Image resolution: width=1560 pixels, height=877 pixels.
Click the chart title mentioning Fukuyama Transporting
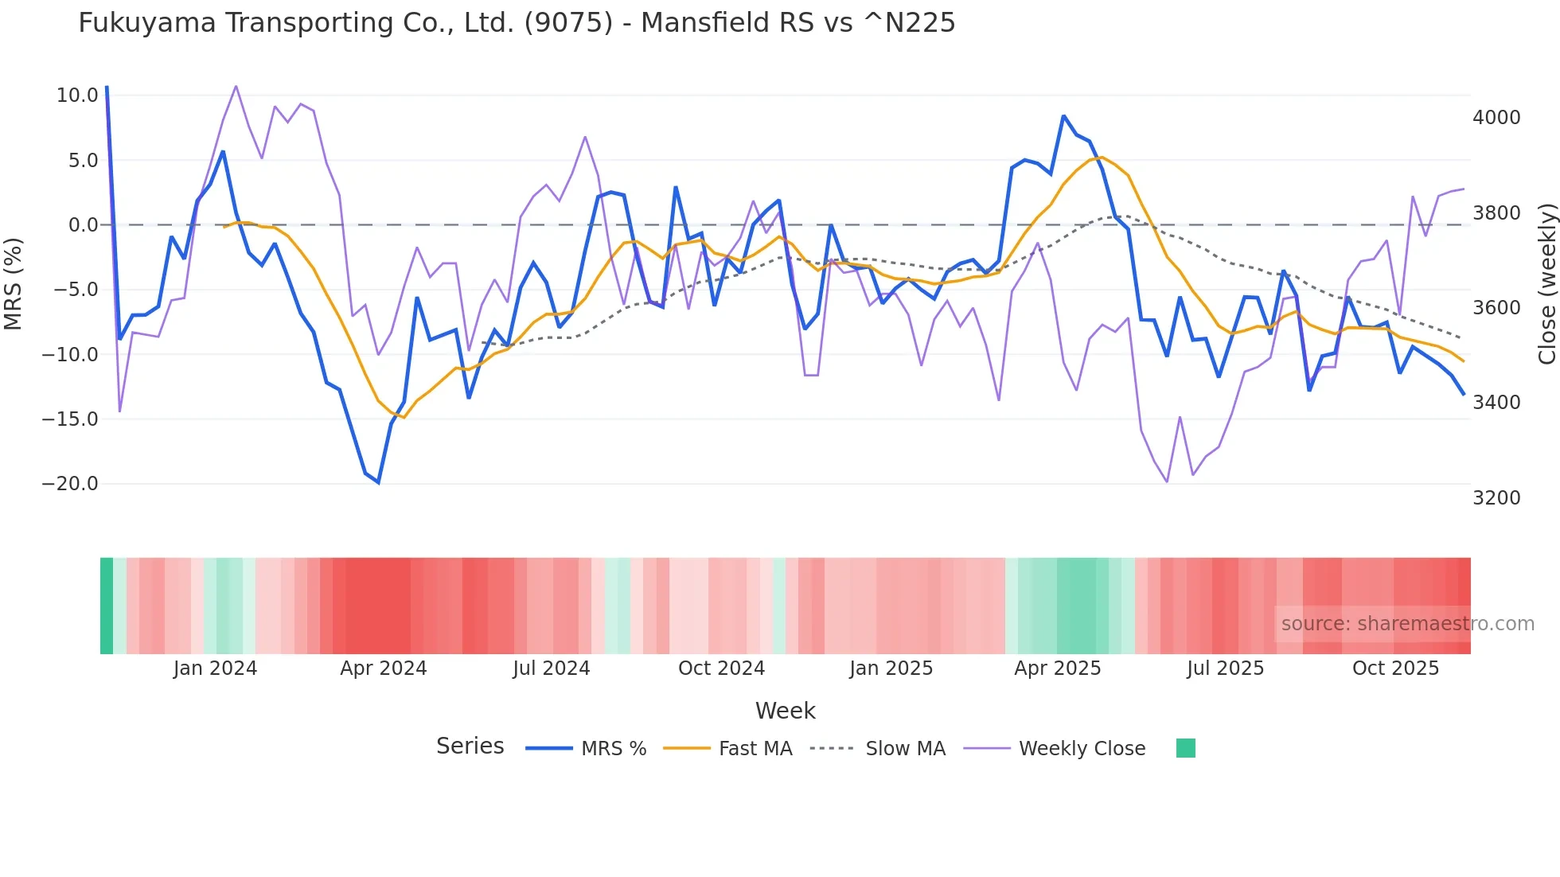517,23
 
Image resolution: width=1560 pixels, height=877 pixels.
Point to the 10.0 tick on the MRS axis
77,95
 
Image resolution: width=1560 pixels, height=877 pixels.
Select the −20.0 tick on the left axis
70,484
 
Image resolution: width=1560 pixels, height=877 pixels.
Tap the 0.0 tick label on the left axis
83,225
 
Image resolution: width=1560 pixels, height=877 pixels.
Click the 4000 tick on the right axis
1496,118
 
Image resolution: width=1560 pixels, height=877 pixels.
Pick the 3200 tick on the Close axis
1496,498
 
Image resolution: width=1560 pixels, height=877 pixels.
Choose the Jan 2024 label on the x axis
215,668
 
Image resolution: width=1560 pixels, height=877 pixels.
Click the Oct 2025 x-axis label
1395,668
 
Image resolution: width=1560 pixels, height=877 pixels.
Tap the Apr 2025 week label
1057,668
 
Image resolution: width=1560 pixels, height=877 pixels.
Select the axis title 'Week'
785,711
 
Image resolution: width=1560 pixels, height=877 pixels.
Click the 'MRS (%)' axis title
14,283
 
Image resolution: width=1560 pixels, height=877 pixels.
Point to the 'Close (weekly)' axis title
1546,283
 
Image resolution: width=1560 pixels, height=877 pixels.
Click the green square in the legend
1185,748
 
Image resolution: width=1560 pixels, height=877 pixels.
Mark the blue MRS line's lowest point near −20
378,482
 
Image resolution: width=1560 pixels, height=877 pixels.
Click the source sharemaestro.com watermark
1407,624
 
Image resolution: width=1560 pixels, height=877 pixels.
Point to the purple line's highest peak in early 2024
236,86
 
